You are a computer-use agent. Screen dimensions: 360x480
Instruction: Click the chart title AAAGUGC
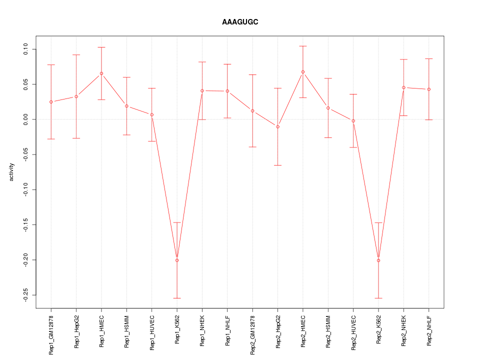point(240,22)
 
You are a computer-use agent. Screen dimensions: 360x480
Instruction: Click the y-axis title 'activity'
point(12,172)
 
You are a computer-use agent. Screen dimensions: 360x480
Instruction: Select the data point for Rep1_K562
point(177,260)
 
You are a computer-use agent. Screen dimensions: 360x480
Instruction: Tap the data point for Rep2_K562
point(378,260)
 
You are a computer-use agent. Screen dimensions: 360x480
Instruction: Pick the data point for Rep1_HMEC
point(101,73)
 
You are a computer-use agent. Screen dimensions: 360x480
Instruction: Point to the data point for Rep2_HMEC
point(303,72)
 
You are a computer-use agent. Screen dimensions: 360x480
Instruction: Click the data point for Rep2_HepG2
point(277,126)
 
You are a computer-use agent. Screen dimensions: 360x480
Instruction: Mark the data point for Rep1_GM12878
point(51,101)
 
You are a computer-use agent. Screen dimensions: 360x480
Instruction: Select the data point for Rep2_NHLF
point(429,89)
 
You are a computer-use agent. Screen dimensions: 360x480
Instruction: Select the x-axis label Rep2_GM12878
point(252,333)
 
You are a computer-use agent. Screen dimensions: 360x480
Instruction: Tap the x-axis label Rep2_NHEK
point(404,330)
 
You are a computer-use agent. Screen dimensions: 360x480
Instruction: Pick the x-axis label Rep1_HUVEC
point(152,331)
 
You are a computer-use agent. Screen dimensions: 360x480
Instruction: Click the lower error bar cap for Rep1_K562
point(177,298)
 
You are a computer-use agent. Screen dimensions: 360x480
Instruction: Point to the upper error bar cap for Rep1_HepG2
point(76,54)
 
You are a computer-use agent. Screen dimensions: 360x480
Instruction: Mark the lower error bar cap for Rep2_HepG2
point(277,165)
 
